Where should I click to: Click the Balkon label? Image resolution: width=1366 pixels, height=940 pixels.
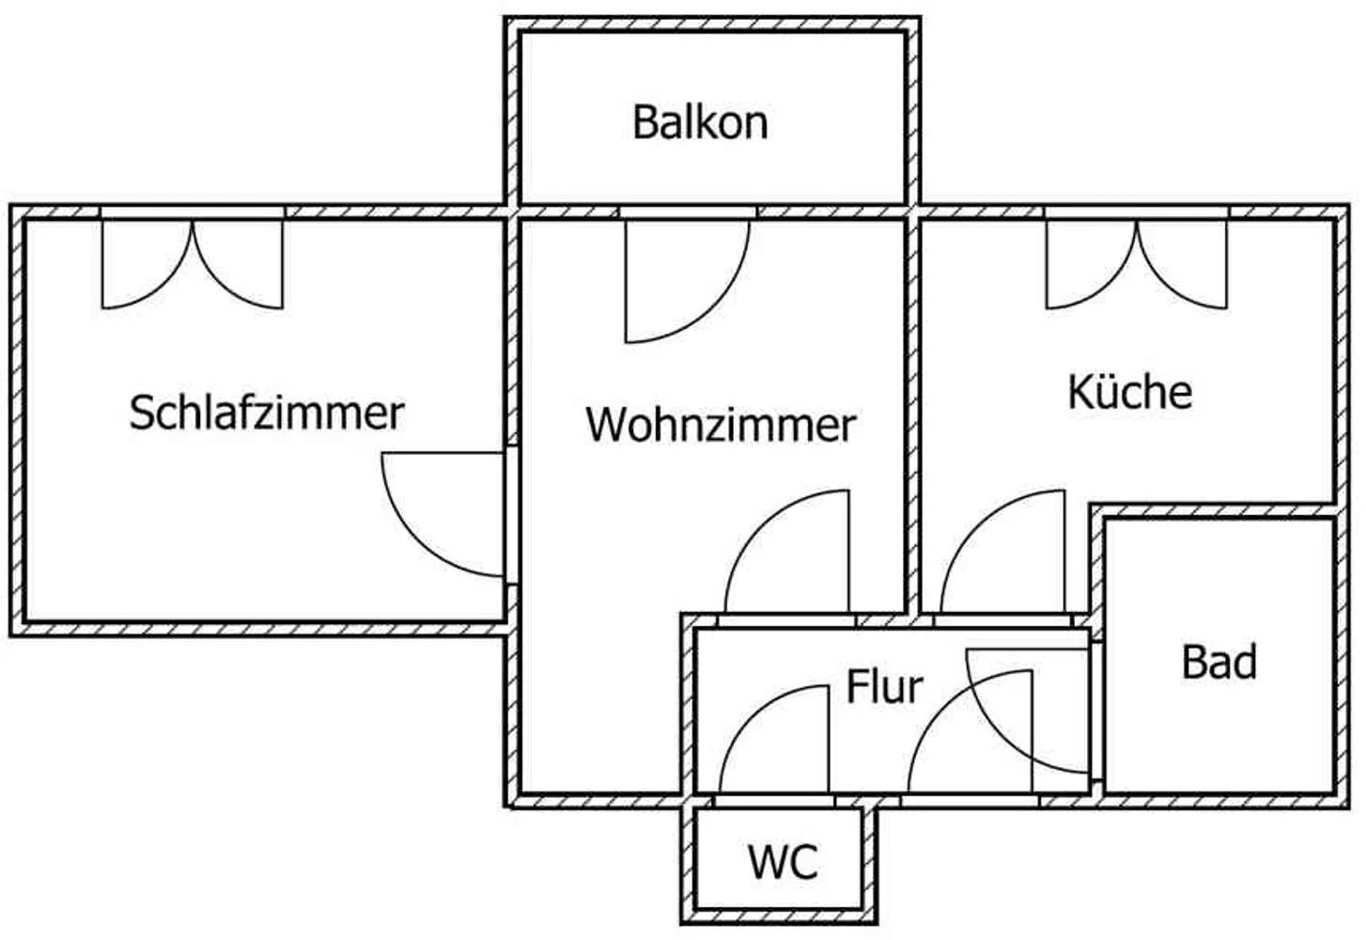point(700,122)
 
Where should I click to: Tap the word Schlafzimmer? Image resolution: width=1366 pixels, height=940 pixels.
point(267,413)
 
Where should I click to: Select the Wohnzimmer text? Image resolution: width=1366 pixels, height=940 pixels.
point(721,425)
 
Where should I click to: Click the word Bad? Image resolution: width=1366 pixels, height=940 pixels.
point(1219,663)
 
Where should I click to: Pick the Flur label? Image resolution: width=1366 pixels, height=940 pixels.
point(884,687)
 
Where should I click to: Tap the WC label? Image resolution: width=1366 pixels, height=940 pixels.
point(783,863)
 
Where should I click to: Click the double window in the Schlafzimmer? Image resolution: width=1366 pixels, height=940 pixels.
point(192,263)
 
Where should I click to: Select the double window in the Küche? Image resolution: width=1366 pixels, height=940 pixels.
point(1137,263)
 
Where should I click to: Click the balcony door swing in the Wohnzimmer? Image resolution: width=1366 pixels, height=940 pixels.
point(688,281)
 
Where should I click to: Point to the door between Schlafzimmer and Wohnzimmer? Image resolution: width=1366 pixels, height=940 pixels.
point(444,514)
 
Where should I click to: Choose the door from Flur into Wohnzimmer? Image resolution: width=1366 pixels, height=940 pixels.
point(786,552)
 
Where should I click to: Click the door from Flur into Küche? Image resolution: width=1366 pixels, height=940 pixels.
point(1003,552)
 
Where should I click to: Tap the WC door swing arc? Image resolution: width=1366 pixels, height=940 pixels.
point(774,740)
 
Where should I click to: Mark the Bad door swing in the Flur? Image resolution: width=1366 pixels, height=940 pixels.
point(1028,712)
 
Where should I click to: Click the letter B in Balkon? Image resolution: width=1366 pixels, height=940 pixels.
point(644,122)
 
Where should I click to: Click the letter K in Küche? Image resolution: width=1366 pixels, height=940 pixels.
point(1080,391)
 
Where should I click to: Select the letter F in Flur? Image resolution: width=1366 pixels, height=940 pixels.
point(856,687)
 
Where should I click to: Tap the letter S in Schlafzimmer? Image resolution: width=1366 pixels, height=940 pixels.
point(141,413)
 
